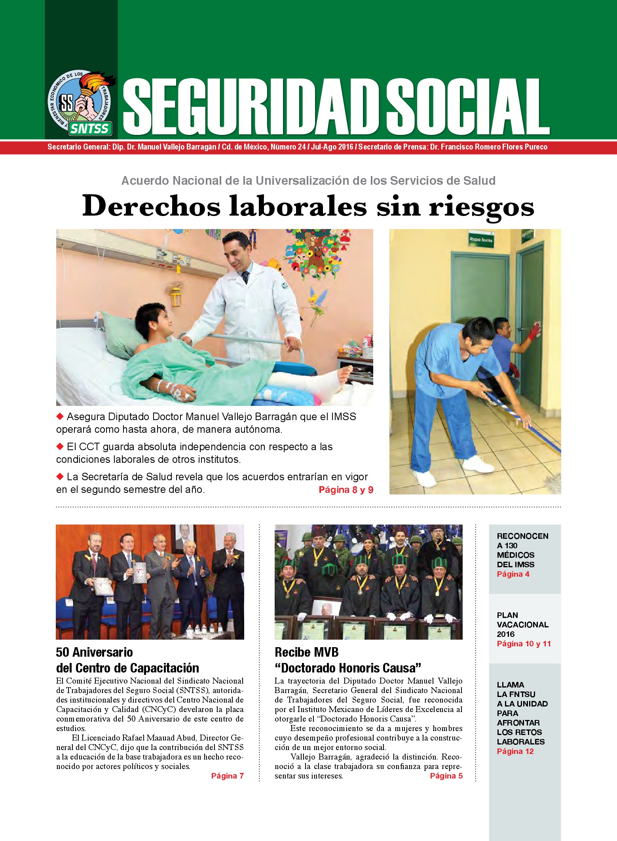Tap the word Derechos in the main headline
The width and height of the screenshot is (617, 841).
click(x=151, y=206)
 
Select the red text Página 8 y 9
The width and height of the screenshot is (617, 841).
click(x=346, y=490)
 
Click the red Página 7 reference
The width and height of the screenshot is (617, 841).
click(x=227, y=776)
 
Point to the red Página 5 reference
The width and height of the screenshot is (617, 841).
click(x=446, y=776)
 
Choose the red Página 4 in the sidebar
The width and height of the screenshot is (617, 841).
click(x=513, y=574)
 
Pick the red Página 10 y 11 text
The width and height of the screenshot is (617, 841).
click(x=524, y=644)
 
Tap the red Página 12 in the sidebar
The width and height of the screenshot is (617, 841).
click(x=515, y=751)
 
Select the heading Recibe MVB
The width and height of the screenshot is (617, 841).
click(x=306, y=652)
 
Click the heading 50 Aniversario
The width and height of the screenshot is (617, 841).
click(x=94, y=652)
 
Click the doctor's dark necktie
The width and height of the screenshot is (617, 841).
click(x=245, y=277)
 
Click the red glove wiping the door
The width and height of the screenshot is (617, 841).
click(x=534, y=331)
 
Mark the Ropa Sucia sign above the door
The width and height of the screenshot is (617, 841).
click(x=480, y=239)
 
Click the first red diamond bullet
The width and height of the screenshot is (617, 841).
click(x=60, y=416)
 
